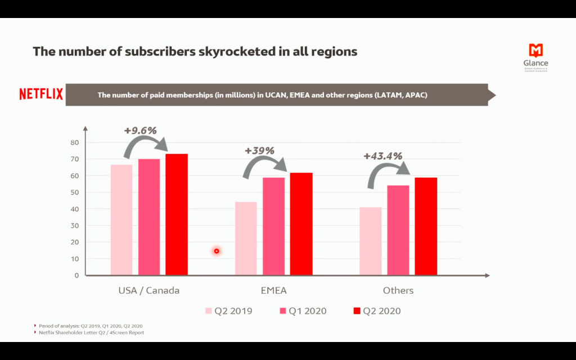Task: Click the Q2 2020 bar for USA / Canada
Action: click(177, 214)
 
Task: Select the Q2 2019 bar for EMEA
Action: click(246, 238)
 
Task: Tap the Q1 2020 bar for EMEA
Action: click(273, 226)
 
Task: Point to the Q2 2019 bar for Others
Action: click(371, 241)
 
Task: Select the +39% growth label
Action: click(259, 151)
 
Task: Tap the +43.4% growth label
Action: click(383, 156)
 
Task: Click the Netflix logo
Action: click(41, 94)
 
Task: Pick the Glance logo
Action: click(535, 57)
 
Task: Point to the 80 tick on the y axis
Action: click(75, 143)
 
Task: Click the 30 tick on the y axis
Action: click(75, 226)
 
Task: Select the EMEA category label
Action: click(273, 291)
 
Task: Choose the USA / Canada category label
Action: click(149, 291)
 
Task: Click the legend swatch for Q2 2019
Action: click(209, 311)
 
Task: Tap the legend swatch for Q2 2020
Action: click(357, 311)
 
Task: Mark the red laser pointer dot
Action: click(216, 251)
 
